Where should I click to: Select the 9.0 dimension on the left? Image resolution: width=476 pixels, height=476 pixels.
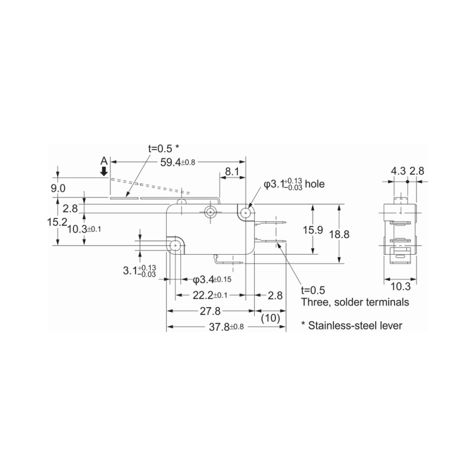pyautogui.click(x=58, y=188)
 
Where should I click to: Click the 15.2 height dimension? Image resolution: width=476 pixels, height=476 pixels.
pyautogui.click(x=58, y=222)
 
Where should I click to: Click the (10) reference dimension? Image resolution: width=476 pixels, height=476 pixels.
pyautogui.click(x=271, y=318)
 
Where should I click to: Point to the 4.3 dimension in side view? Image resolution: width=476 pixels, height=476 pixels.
pyautogui.click(x=398, y=171)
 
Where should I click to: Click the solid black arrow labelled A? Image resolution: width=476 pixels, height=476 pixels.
pyautogui.click(x=105, y=172)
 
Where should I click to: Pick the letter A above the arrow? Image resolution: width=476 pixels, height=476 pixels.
pyautogui.click(x=104, y=161)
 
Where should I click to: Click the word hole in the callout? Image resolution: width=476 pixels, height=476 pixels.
pyautogui.click(x=314, y=184)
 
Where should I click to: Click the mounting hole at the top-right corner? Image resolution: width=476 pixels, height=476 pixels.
pyautogui.click(x=245, y=212)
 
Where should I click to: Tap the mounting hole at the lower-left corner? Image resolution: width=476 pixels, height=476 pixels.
pyautogui.click(x=176, y=245)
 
